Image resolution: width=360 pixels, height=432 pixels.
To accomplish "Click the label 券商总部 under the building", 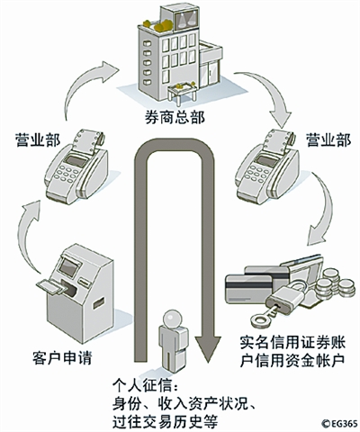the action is (x=175, y=118).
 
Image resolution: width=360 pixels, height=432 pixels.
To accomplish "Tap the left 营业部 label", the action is (x=38, y=139).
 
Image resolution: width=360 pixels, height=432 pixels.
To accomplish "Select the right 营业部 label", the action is (x=328, y=139).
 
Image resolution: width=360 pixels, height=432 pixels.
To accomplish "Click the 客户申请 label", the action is (x=62, y=357).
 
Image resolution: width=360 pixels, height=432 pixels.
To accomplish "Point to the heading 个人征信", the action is (x=143, y=385).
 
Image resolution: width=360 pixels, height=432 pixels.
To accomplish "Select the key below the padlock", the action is (x=265, y=316).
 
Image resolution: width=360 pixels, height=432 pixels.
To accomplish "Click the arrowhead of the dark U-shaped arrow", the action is (x=208, y=349).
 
